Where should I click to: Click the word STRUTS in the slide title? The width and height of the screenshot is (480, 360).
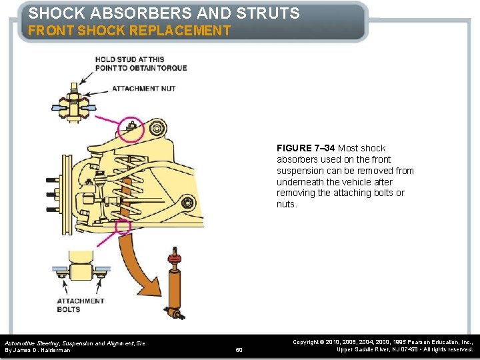(x=266, y=13)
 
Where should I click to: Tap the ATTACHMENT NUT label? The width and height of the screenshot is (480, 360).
(x=143, y=89)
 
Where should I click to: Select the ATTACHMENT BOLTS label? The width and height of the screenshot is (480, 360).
(x=81, y=305)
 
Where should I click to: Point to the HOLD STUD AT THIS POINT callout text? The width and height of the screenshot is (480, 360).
(x=141, y=63)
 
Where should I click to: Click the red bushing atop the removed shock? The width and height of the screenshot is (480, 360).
(x=175, y=256)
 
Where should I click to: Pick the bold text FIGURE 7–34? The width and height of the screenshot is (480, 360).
(x=306, y=148)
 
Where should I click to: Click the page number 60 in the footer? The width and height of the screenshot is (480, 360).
(x=239, y=349)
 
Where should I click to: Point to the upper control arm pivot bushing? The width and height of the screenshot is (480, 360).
(x=158, y=128)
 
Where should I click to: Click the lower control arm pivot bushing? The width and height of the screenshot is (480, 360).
(x=189, y=202)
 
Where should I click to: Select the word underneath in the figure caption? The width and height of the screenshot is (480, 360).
(x=301, y=182)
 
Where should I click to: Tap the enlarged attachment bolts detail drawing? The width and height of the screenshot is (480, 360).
(x=81, y=271)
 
